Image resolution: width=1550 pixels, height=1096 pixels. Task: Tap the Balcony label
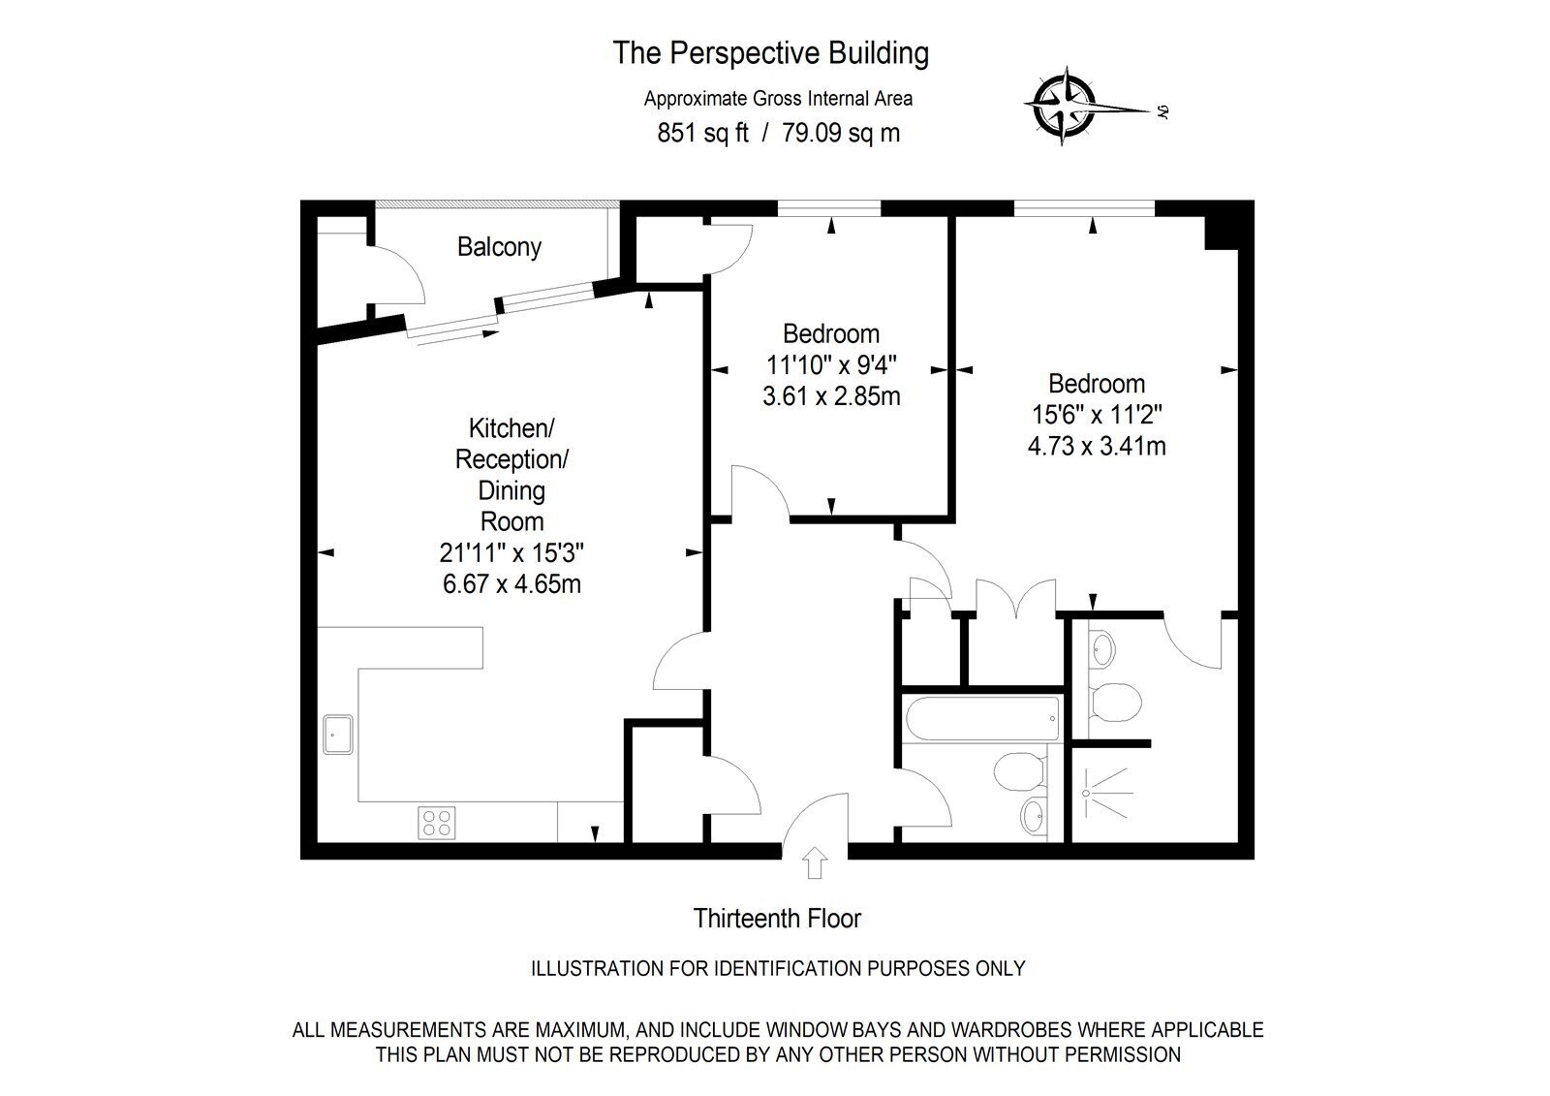(499, 247)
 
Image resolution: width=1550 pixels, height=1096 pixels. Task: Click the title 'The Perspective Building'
(771, 53)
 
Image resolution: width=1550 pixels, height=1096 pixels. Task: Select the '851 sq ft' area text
(702, 132)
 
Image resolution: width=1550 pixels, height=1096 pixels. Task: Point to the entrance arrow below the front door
(815, 862)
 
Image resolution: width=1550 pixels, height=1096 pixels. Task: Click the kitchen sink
(338, 735)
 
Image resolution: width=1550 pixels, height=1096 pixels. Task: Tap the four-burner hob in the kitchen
(437, 824)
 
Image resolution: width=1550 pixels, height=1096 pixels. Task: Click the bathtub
(982, 719)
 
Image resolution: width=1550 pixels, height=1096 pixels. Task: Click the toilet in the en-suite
(1115, 702)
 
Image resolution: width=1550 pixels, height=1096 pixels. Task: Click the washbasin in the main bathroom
(1034, 816)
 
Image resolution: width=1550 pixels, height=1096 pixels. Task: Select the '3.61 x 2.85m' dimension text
(831, 396)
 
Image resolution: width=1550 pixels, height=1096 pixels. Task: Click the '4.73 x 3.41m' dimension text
(1097, 446)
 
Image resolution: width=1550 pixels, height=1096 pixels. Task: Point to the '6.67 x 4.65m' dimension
(511, 583)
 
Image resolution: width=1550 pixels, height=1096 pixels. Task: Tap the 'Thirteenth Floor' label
(777, 918)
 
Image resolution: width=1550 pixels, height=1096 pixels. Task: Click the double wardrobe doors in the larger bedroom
(1016, 598)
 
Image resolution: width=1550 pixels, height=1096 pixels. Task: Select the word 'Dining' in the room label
(511, 491)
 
